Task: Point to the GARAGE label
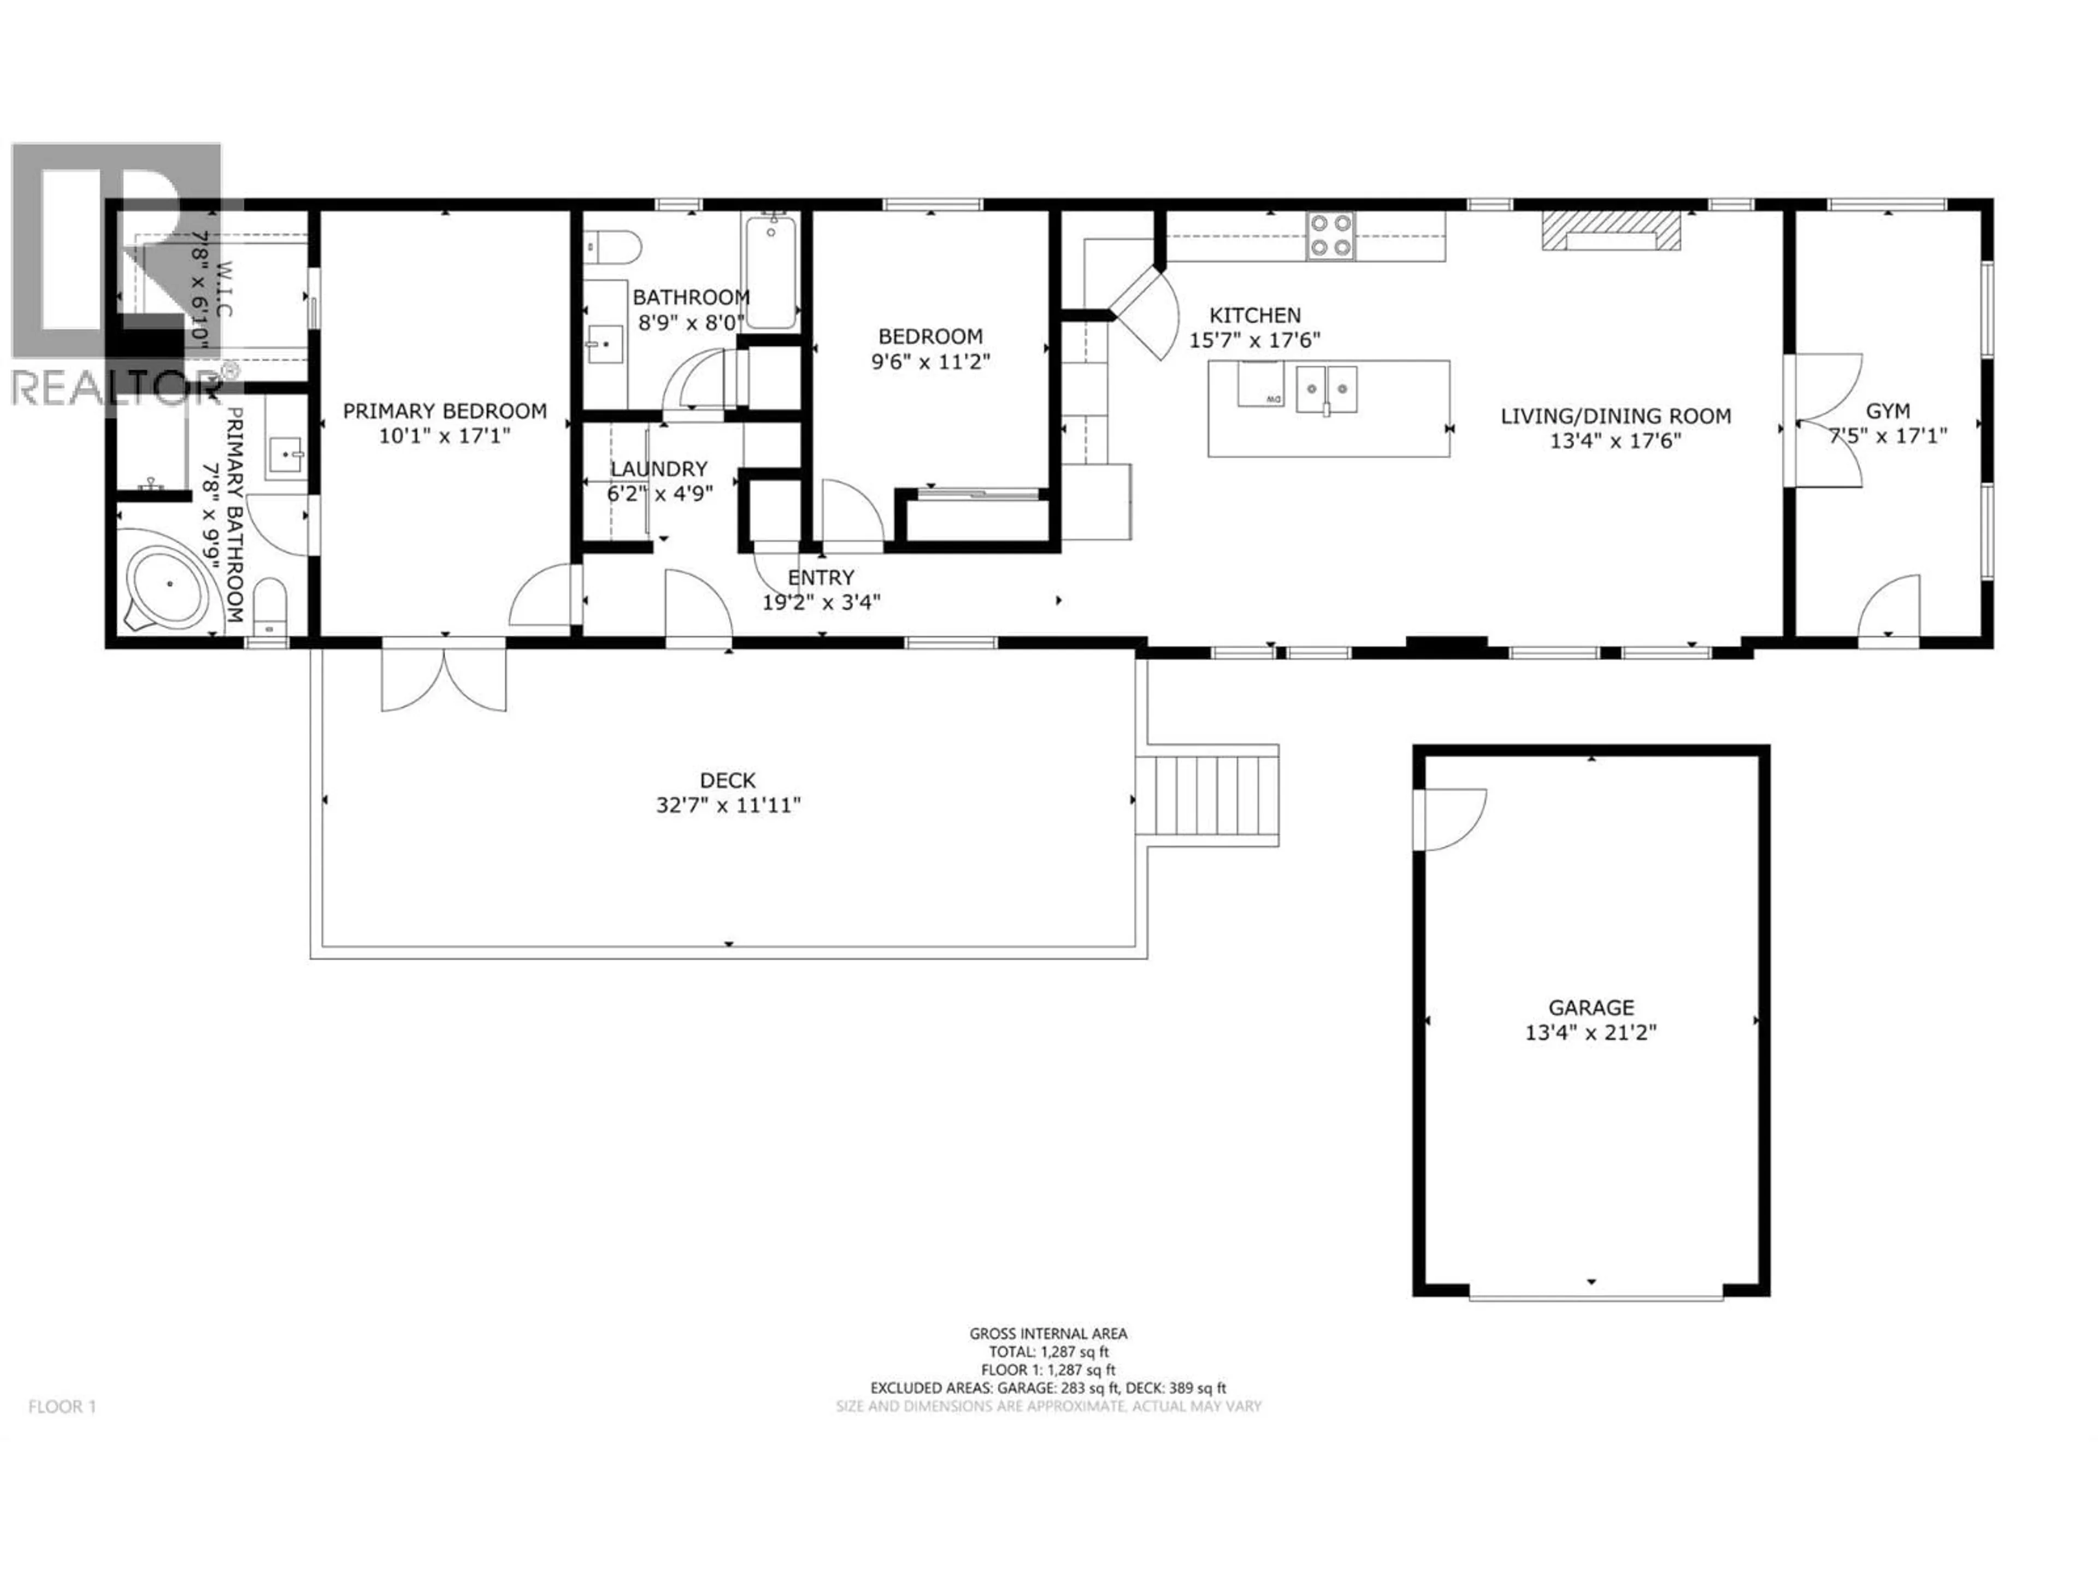point(1590,1008)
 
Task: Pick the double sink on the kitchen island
point(1327,389)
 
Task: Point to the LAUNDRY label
point(658,469)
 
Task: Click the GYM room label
point(1888,411)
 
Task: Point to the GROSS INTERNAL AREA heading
point(1048,1333)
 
